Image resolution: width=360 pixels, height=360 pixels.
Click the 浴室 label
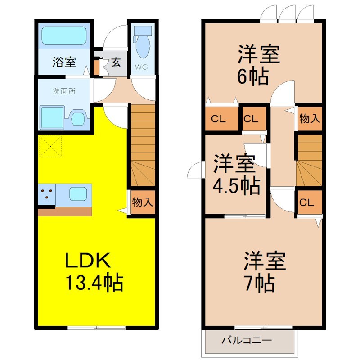coord(63,62)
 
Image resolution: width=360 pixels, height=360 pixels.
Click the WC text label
coord(143,68)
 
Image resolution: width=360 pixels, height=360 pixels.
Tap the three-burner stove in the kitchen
coord(46,194)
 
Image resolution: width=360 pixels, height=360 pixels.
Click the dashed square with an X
coord(49,147)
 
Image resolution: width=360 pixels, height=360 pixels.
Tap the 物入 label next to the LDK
coord(142,202)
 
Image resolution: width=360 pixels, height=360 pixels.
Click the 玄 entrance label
coord(116,62)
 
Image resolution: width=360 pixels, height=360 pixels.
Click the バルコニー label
coord(246,340)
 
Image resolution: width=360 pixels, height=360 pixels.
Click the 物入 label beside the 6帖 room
coord(310,119)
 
